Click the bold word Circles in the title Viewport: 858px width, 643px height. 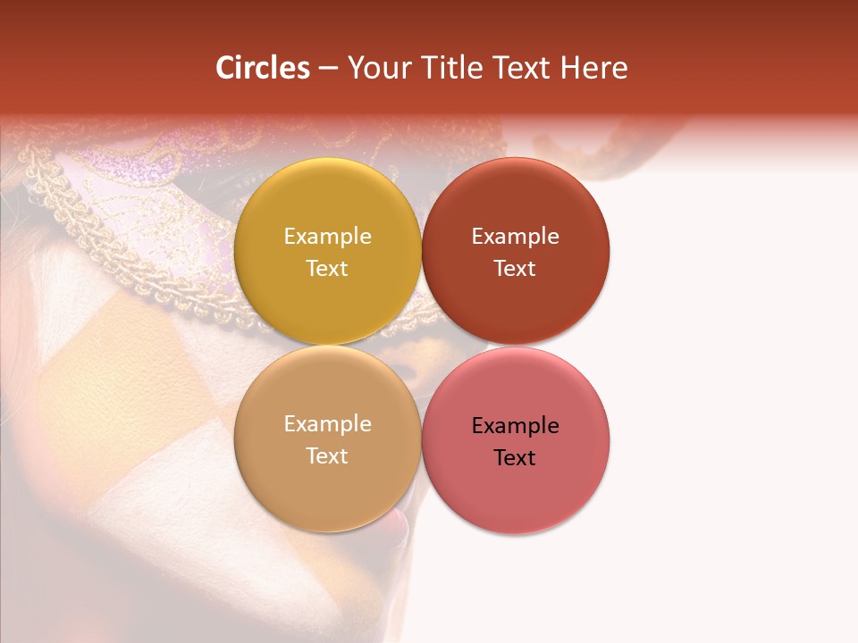(263, 68)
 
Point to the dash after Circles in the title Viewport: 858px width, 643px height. (328, 69)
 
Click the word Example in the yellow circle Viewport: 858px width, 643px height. (327, 237)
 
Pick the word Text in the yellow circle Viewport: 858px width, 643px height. (327, 269)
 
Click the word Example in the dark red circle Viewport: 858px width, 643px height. (515, 237)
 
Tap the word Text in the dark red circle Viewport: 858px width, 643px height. (515, 269)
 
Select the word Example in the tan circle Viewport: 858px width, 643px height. (327, 424)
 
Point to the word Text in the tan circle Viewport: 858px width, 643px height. (327, 456)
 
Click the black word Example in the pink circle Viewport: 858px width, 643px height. (515, 426)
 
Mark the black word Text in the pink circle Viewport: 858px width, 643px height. (515, 458)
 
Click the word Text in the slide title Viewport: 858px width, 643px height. (519, 68)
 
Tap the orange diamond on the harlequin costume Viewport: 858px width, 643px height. (134, 375)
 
